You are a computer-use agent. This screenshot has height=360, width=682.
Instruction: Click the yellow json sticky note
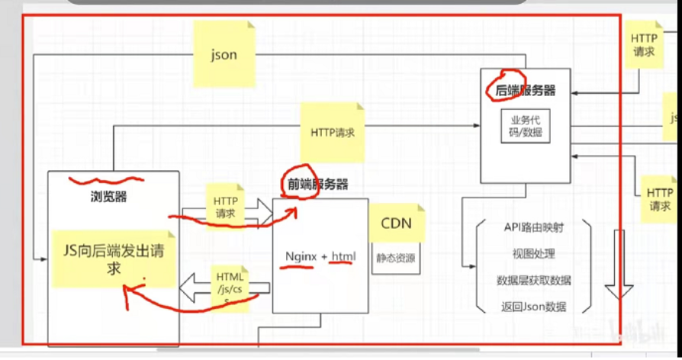224,54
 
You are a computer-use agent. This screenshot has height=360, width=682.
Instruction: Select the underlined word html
343,257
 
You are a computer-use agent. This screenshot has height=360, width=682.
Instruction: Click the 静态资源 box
396,258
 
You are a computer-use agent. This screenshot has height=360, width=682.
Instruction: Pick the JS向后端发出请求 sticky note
114,258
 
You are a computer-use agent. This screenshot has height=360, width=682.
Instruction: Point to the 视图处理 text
533,253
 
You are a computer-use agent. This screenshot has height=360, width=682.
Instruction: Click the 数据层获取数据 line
533,280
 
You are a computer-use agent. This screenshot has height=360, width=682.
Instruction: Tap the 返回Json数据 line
533,307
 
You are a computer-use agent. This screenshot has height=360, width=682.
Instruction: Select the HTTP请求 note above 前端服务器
333,131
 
